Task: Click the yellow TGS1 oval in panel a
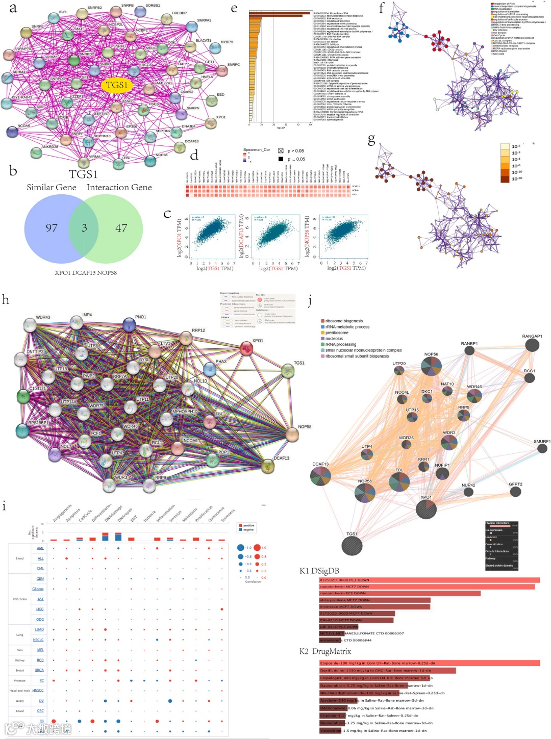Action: click(x=116, y=85)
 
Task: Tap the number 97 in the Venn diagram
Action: click(x=52, y=228)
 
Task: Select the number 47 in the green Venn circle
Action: click(x=121, y=228)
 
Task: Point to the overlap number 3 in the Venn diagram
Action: click(x=84, y=228)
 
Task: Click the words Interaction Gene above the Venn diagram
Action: click(x=119, y=187)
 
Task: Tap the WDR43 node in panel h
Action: click(x=30, y=325)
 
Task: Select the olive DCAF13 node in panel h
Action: click(x=268, y=465)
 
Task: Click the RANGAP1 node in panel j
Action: click(x=532, y=345)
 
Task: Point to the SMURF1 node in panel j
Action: click(x=542, y=448)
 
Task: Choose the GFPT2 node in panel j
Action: click(x=515, y=492)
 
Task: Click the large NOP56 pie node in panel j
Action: click(x=431, y=366)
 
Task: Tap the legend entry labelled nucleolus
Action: click(x=334, y=339)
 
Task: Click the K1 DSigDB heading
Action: click(x=319, y=571)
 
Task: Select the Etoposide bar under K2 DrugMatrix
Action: click(x=429, y=663)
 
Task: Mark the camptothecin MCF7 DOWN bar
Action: click(x=427, y=587)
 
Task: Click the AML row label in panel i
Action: click(x=40, y=548)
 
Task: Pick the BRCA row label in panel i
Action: click(x=39, y=670)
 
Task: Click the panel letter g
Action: click(x=371, y=139)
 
